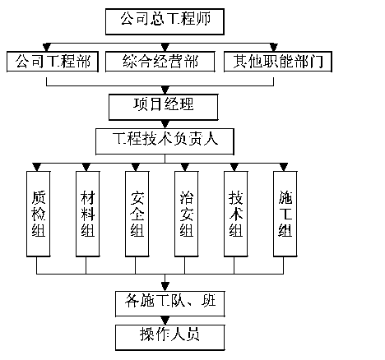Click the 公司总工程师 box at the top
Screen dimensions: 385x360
(x=165, y=21)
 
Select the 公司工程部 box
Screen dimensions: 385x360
(x=53, y=62)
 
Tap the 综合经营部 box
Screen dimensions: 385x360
(x=160, y=62)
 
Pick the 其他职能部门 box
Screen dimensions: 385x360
(x=278, y=62)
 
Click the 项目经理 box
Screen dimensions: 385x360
(x=164, y=107)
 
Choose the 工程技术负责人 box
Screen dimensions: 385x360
(x=165, y=141)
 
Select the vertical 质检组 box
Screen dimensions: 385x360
(x=39, y=214)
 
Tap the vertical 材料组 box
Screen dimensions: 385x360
(x=88, y=214)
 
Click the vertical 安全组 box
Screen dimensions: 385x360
(x=137, y=214)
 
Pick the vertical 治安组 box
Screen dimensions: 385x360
(x=187, y=214)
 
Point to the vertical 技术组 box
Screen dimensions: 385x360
(x=236, y=214)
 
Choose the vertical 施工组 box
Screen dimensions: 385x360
(x=285, y=214)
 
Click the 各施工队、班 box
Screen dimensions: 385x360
(x=170, y=303)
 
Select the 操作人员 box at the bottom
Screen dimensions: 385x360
(x=170, y=338)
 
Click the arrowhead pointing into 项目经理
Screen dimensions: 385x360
(x=165, y=90)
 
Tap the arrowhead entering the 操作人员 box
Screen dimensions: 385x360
(x=165, y=321)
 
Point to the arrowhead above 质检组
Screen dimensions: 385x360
(x=37, y=167)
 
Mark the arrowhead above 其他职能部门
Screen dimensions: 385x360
(x=274, y=47)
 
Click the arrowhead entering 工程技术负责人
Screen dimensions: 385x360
(x=165, y=124)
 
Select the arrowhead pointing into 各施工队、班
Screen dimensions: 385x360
(x=165, y=286)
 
